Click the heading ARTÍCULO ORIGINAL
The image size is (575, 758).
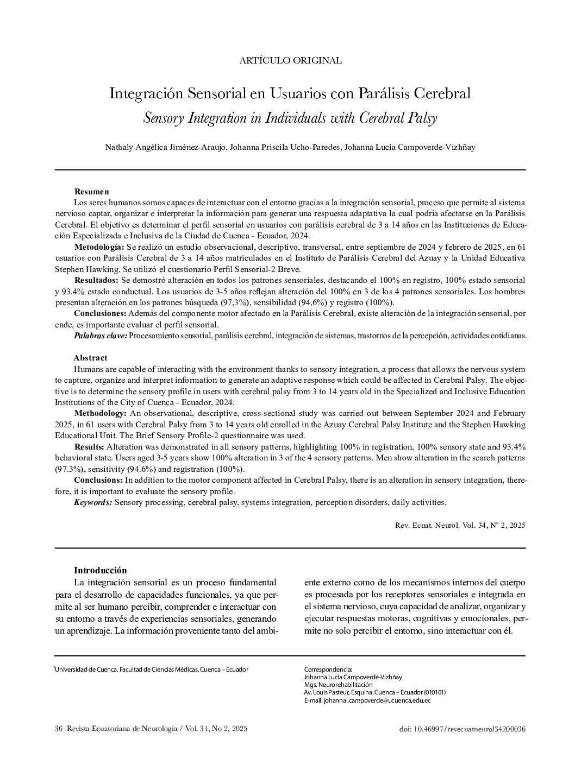(x=290, y=61)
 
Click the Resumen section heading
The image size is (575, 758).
(x=91, y=192)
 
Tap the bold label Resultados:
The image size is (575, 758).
(x=96, y=280)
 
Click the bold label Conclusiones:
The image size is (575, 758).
(x=100, y=314)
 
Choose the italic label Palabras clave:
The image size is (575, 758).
(x=101, y=336)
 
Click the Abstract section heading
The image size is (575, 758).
(x=90, y=358)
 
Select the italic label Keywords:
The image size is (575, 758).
(x=93, y=502)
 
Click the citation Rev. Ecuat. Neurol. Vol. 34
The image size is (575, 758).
(x=459, y=525)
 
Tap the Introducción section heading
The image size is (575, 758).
(x=100, y=570)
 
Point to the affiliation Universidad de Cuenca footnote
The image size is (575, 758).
(x=151, y=669)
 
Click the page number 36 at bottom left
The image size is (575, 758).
(x=59, y=729)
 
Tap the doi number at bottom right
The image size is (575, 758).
(x=462, y=729)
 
